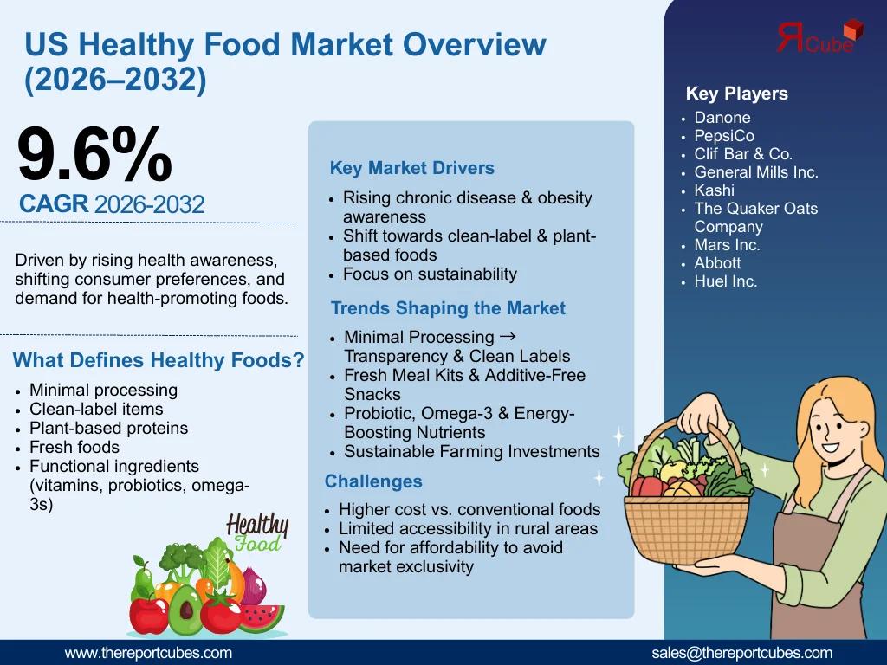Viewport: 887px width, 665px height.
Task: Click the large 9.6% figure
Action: coord(94,154)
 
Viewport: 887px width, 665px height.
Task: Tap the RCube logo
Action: coord(820,36)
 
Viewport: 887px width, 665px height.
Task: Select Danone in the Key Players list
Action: coord(722,118)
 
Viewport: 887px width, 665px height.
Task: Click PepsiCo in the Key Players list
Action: coord(724,136)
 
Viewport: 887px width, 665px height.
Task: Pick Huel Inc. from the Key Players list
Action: coord(726,281)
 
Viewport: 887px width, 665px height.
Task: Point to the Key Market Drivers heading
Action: coord(411,168)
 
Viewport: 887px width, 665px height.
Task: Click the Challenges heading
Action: coord(373,481)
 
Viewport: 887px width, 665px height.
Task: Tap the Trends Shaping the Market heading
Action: coord(448,308)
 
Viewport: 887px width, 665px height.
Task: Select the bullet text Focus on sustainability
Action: coord(430,274)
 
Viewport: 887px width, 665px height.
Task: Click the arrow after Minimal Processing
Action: coord(508,337)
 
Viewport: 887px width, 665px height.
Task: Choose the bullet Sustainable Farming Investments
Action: coord(472,451)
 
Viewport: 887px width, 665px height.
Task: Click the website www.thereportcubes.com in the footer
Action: coord(148,653)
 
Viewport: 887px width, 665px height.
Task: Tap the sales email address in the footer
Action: coord(741,653)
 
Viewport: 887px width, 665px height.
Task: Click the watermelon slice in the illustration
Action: coord(261,617)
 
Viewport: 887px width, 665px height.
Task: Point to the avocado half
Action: coord(185,610)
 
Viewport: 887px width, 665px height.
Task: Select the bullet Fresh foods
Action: coord(74,448)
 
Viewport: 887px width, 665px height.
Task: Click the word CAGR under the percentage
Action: coord(54,203)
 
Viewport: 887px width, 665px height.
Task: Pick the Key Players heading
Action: coord(736,94)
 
